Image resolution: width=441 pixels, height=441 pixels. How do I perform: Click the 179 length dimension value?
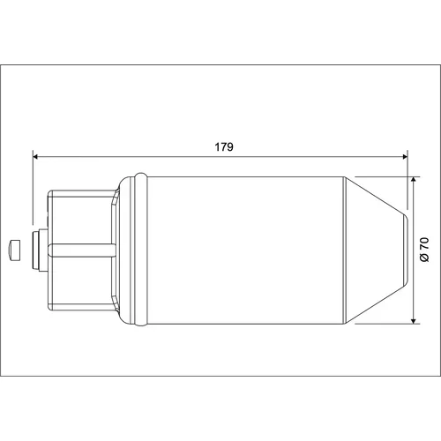pyautogui.click(x=224, y=146)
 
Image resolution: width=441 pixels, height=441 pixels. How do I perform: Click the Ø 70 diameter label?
pyautogui.click(x=424, y=250)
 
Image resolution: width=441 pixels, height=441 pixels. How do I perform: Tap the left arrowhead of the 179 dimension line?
pyautogui.click(x=35, y=157)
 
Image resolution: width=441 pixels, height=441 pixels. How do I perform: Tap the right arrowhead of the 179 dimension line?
pyautogui.click(x=405, y=157)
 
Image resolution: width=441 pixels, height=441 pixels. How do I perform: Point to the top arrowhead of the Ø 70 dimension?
pyautogui.click(x=414, y=180)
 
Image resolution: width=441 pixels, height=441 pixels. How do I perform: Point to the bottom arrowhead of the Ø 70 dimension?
pyautogui.click(x=414, y=321)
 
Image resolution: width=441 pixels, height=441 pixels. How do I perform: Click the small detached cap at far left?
pyautogui.click(x=15, y=250)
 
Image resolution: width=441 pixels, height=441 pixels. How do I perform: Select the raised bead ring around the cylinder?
pyautogui.click(x=141, y=250)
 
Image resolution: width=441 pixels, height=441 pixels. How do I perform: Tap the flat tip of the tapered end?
pyautogui.click(x=407, y=250)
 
